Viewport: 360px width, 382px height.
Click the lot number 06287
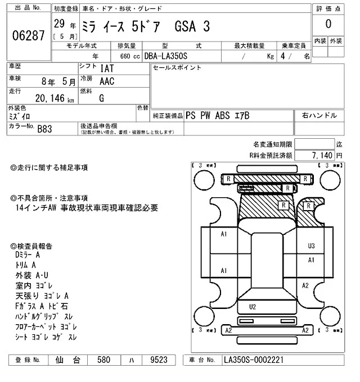(28, 36)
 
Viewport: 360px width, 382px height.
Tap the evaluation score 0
(328, 24)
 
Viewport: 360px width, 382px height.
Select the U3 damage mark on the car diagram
(311, 245)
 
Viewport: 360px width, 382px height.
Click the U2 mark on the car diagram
(252, 306)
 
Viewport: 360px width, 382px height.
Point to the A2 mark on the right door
(305, 285)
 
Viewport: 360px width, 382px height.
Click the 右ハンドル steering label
(319, 116)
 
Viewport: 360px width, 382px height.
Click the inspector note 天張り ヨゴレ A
(42, 295)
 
